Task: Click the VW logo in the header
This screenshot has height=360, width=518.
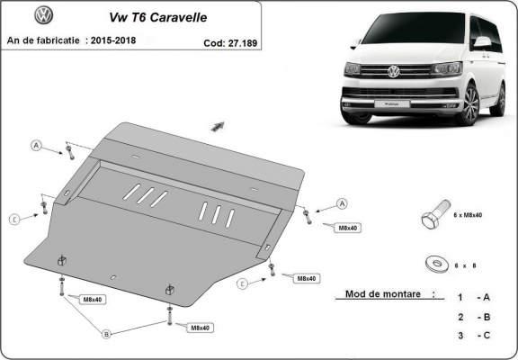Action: [x=43, y=16]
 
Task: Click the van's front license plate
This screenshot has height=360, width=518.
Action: [x=388, y=103]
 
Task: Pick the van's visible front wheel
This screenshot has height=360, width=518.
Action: [x=468, y=105]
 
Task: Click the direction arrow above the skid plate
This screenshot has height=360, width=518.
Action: [x=217, y=126]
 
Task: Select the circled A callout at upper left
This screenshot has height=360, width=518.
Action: [x=37, y=146]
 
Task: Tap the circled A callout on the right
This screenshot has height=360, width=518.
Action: [x=343, y=202]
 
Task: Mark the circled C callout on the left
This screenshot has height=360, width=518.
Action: [x=14, y=219]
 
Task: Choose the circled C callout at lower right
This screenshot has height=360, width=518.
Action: [x=242, y=283]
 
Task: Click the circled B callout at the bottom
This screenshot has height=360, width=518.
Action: [x=106, y=334]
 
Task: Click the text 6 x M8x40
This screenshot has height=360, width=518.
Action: [x=468, y=216]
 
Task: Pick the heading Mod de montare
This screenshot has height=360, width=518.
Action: [x=382, y=294]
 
